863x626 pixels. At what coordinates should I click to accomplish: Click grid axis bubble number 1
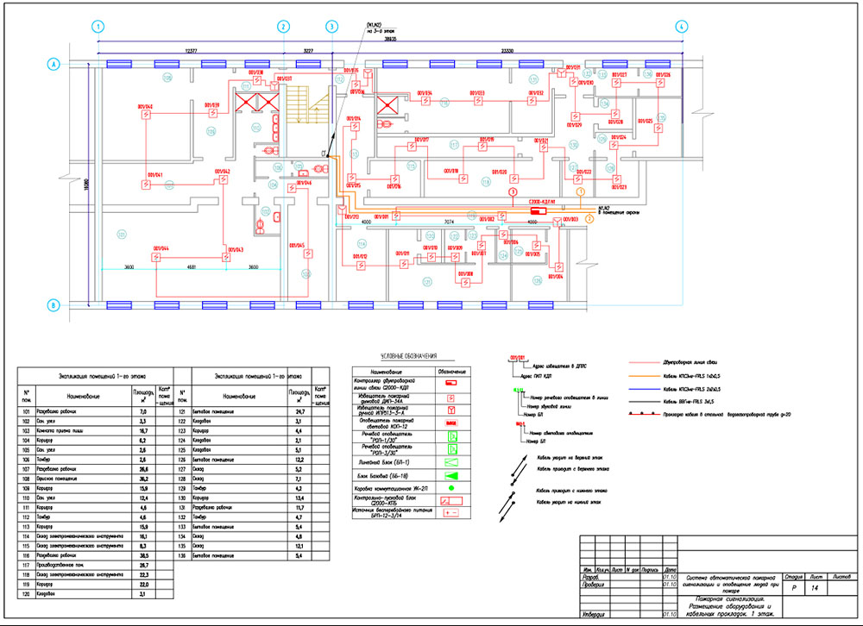[x=99, y=27]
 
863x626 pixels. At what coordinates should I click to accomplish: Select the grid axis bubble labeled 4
[x=681, y=27]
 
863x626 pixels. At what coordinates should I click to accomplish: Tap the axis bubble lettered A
[x=54, y=65]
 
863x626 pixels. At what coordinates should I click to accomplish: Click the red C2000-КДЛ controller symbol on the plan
[x=539, y=210]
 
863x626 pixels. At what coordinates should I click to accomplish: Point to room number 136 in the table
[x=183, y=556]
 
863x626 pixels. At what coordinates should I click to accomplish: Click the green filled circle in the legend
[x=451, y=490]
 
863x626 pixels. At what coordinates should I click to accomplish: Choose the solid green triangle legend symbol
[x=452, y=475]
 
